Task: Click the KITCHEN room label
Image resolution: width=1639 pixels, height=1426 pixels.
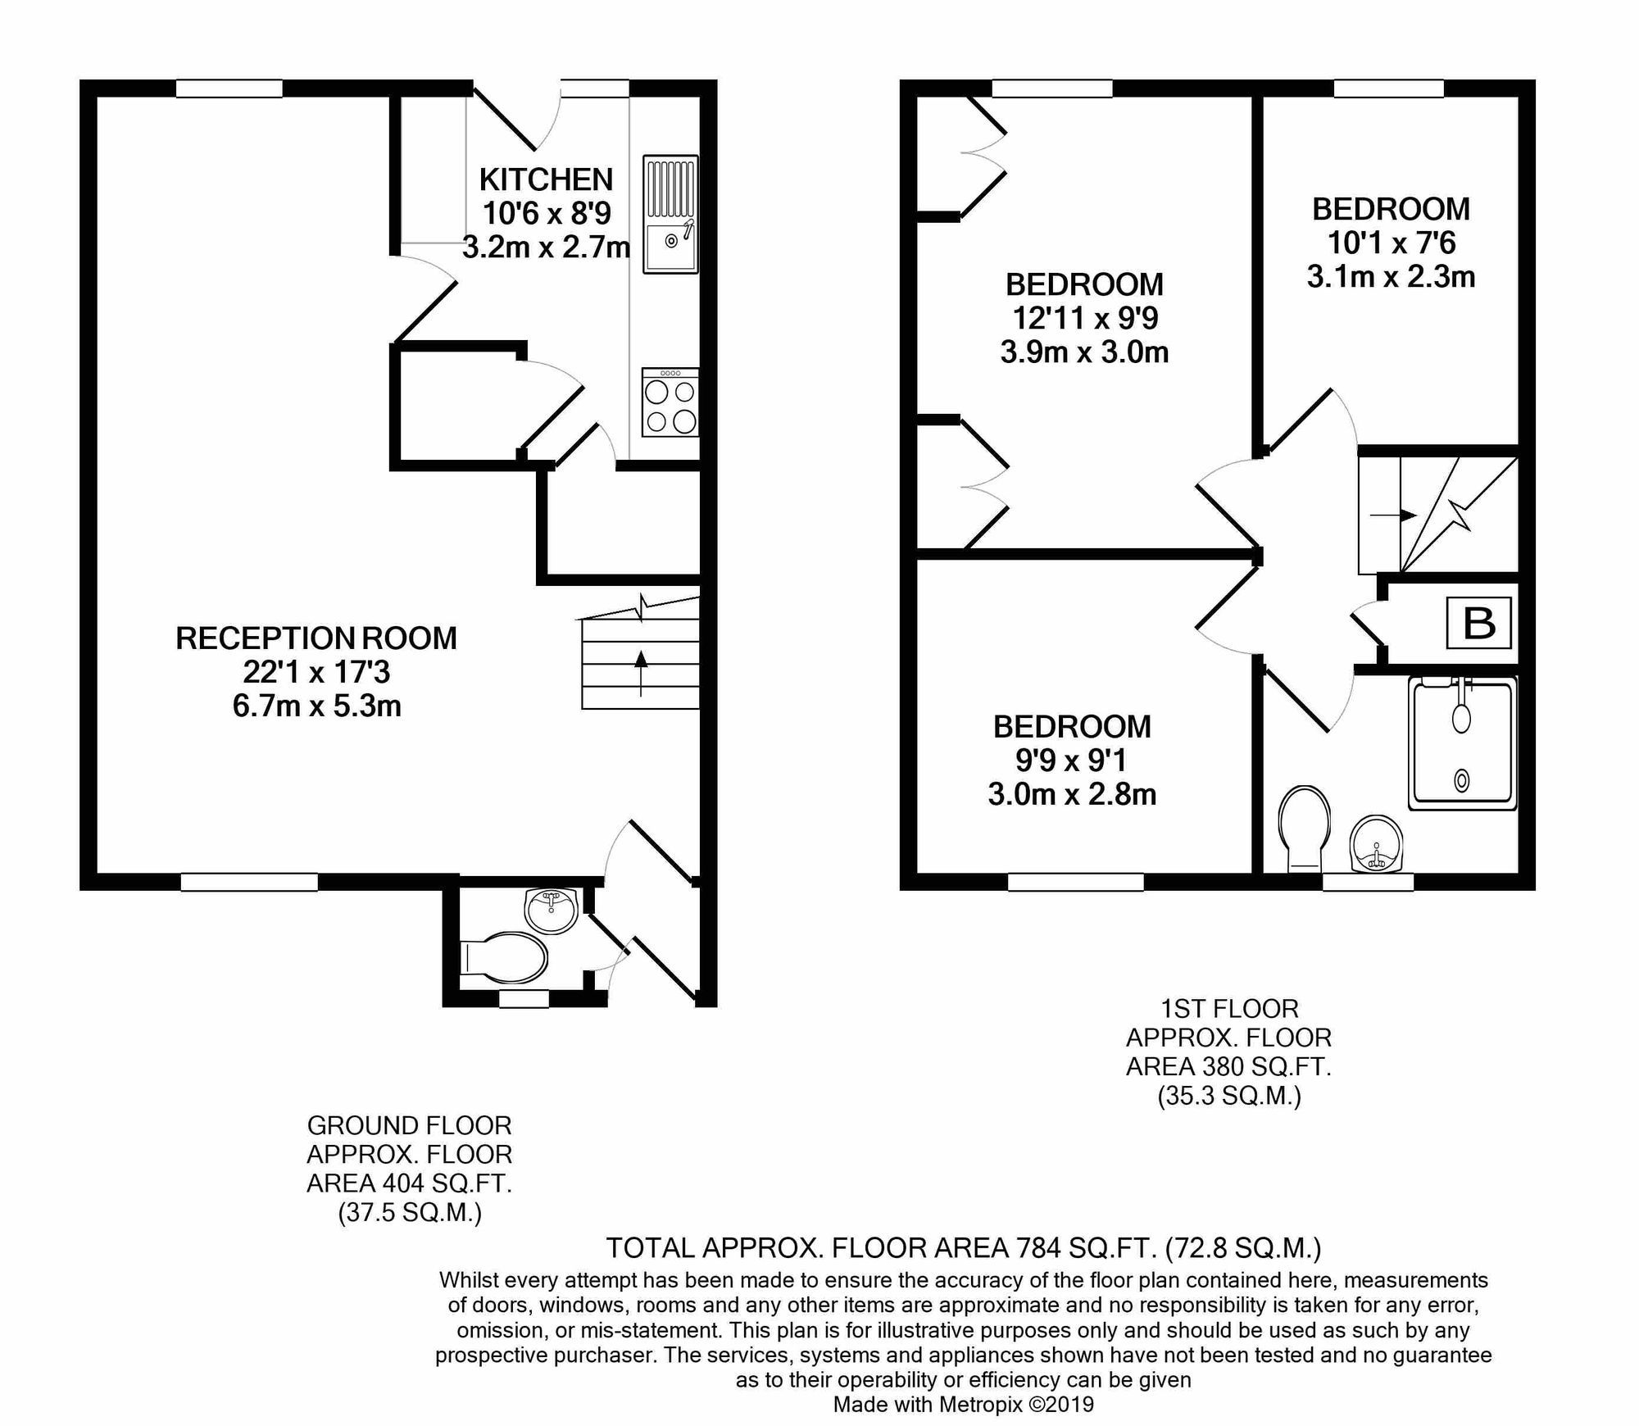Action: [x=546, y=179]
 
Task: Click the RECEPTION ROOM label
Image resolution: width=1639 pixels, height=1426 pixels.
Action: [x=316, y=638]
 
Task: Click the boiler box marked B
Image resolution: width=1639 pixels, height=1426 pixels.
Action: [x=1479, y=623]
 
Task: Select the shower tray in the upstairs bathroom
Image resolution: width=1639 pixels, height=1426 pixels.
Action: [x=1461, y=742]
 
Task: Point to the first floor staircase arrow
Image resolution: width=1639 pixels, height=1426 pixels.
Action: [x=1395, y=515]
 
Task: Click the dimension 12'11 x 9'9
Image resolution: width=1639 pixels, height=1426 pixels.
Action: [x=1084, y=318]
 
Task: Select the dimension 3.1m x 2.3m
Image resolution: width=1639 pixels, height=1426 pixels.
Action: [x=1391, y=277]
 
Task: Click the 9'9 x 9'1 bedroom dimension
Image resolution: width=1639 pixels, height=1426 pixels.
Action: [x=1071, y=761]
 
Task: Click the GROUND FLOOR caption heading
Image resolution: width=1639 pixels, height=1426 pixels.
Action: [x=409, y=1125]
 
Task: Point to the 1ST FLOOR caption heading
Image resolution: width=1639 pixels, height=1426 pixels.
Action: [x=1229, y=1008]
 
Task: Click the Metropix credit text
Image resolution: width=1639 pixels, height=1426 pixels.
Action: [x=963, y=1405]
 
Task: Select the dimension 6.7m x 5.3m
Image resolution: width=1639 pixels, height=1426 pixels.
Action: [x=316, y=706]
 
